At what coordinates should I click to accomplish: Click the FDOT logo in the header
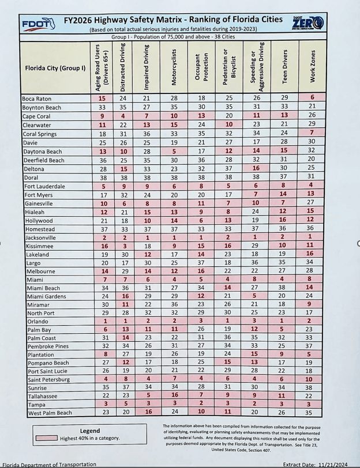[38, 24]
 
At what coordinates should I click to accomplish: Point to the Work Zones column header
[312, 67]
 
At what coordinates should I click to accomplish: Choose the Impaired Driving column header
[148, 67]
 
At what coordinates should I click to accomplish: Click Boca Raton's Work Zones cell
[312, 98]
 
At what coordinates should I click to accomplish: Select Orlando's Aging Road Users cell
[105, 320]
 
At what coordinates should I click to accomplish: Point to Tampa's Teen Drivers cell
[283, 404]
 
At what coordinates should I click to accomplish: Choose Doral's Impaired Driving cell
[148, 178]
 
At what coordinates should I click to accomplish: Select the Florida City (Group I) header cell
[55, 68]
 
